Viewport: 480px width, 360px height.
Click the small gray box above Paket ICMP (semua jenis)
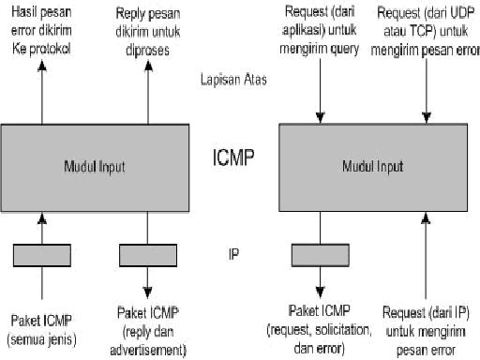tap(41, 254)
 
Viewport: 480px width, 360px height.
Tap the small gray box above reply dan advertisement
tap(148, 254)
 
